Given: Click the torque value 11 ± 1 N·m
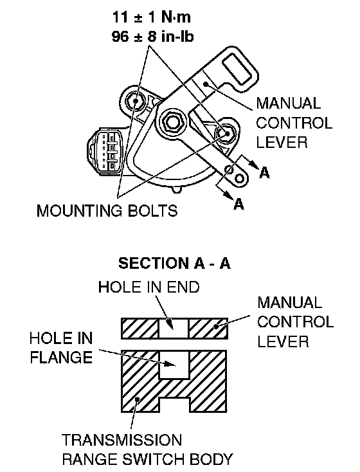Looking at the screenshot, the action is pos(152,17).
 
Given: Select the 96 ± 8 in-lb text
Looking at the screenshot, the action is pos(152,37).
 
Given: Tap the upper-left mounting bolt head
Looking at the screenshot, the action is pos(134,101).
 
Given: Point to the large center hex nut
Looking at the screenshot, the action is pos(172,122).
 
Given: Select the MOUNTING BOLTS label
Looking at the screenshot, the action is pos(107,210).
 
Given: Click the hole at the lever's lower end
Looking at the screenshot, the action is pos(239,179).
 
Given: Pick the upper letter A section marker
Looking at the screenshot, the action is pos(264,173).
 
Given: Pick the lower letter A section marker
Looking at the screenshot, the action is pos(239,204).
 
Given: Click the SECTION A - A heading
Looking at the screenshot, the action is pos(174,263).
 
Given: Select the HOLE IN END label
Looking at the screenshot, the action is pos(148,287).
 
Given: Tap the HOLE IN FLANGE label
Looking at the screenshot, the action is pos(61,348).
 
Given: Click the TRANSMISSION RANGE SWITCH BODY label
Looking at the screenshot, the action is pos(147,449).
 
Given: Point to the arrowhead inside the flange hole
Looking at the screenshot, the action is pos(171,364).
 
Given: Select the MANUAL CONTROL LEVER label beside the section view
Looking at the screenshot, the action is pos(295,322).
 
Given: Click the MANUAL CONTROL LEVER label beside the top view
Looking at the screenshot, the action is pos(294,123).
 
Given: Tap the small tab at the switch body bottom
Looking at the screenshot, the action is pos(177,189).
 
